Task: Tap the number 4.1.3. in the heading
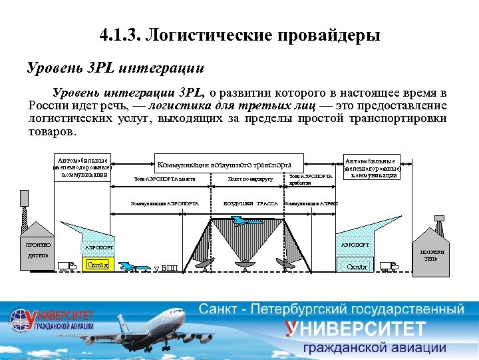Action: [119, 34]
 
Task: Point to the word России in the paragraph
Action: [49, 106]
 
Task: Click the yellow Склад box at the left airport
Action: [98, 265]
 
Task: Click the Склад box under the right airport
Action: [357, 267]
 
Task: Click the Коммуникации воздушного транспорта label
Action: [223, 164]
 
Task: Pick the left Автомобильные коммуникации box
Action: [82, 167]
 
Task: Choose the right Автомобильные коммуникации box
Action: [372, 167]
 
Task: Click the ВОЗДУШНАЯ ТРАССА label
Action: [250, 203]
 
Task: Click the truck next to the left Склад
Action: [67, 266]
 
